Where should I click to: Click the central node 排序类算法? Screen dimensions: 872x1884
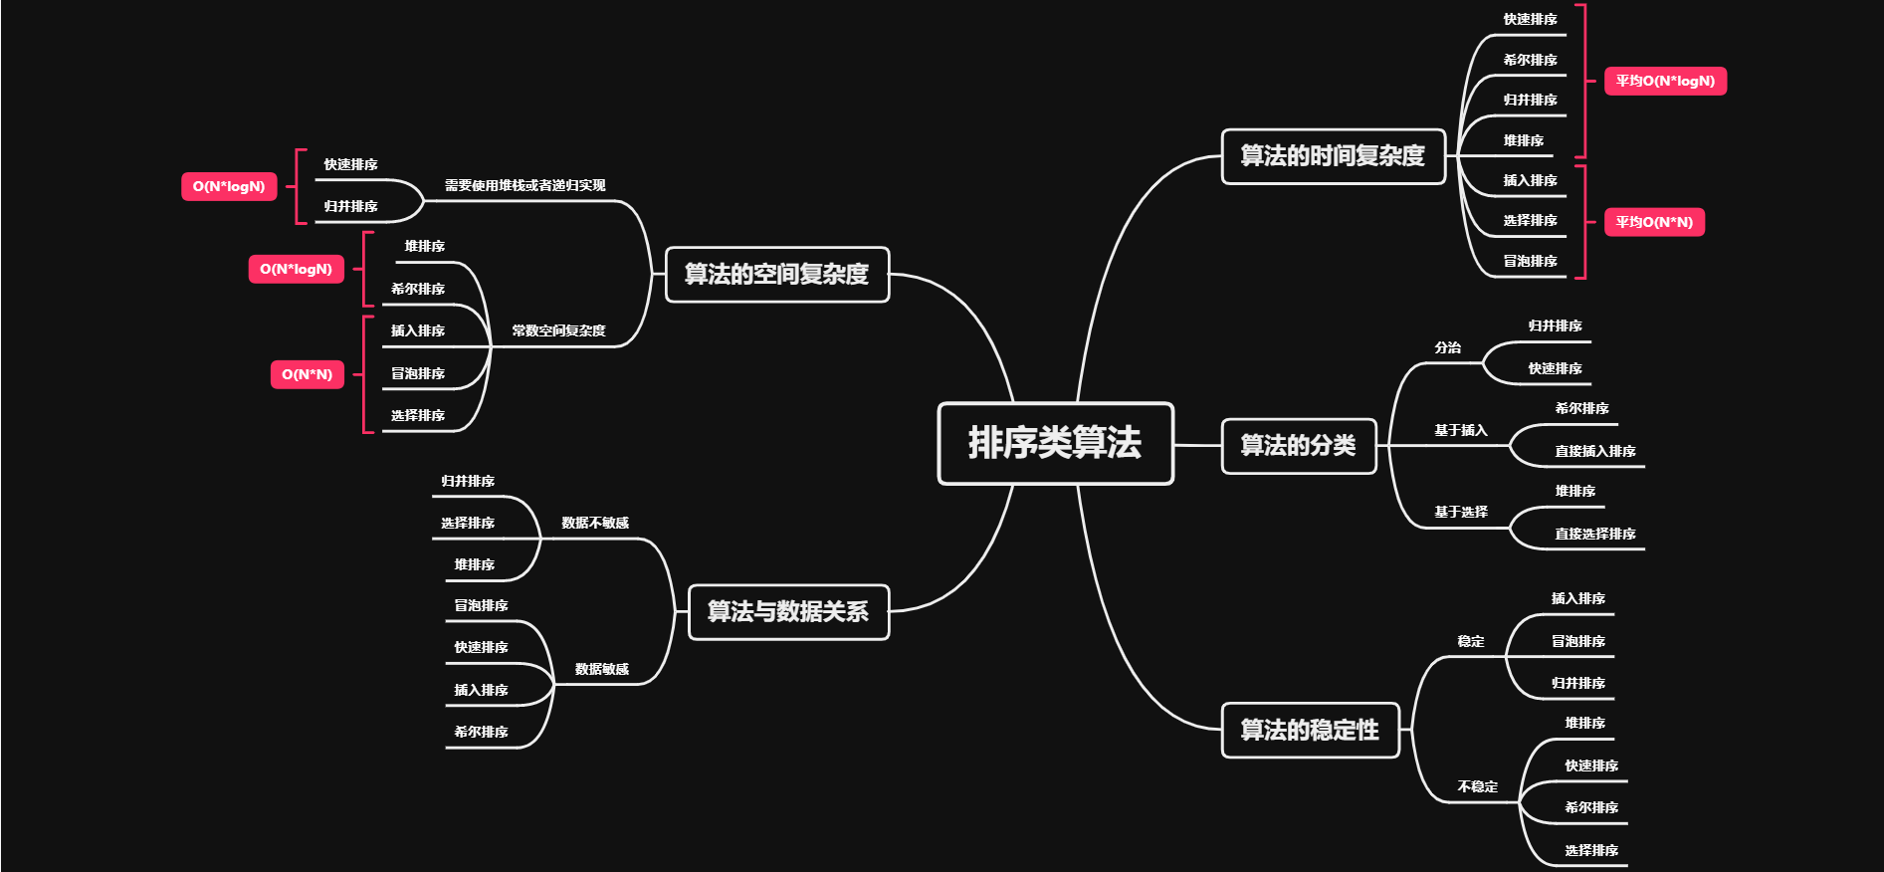click(1055, 443)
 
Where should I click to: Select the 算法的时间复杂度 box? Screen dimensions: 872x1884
click(1333, 156)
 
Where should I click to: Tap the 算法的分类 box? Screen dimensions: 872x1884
click(1298, 446)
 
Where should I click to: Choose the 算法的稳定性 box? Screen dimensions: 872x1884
click(1310, 730)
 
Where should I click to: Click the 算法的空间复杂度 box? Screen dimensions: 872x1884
click(776, 274)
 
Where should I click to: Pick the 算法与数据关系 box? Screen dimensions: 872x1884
click(787, 611)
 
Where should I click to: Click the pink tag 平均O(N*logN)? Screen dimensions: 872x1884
click(1665, 82)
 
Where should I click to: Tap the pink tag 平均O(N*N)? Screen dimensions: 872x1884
click(1654, 222)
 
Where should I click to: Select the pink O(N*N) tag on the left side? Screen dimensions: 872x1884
click(307, 374)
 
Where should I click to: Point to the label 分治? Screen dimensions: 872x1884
click(1448, 347)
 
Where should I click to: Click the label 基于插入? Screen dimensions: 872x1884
click(1461, 430)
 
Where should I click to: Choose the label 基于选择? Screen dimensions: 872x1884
click(1461, 512)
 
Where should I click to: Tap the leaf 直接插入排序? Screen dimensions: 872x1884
click(1595, 451)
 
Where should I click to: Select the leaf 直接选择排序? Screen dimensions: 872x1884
click(1595, 534)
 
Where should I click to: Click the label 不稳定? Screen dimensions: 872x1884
click(1478, 786)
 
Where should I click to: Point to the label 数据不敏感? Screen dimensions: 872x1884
click(595, 523)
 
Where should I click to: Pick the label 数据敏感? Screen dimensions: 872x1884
click(602, 669)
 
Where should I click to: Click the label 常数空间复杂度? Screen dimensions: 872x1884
click(558, 330)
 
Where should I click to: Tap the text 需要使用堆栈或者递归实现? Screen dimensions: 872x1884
click(524, 185)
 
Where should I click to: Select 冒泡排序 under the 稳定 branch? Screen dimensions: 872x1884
click(1578, 641)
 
